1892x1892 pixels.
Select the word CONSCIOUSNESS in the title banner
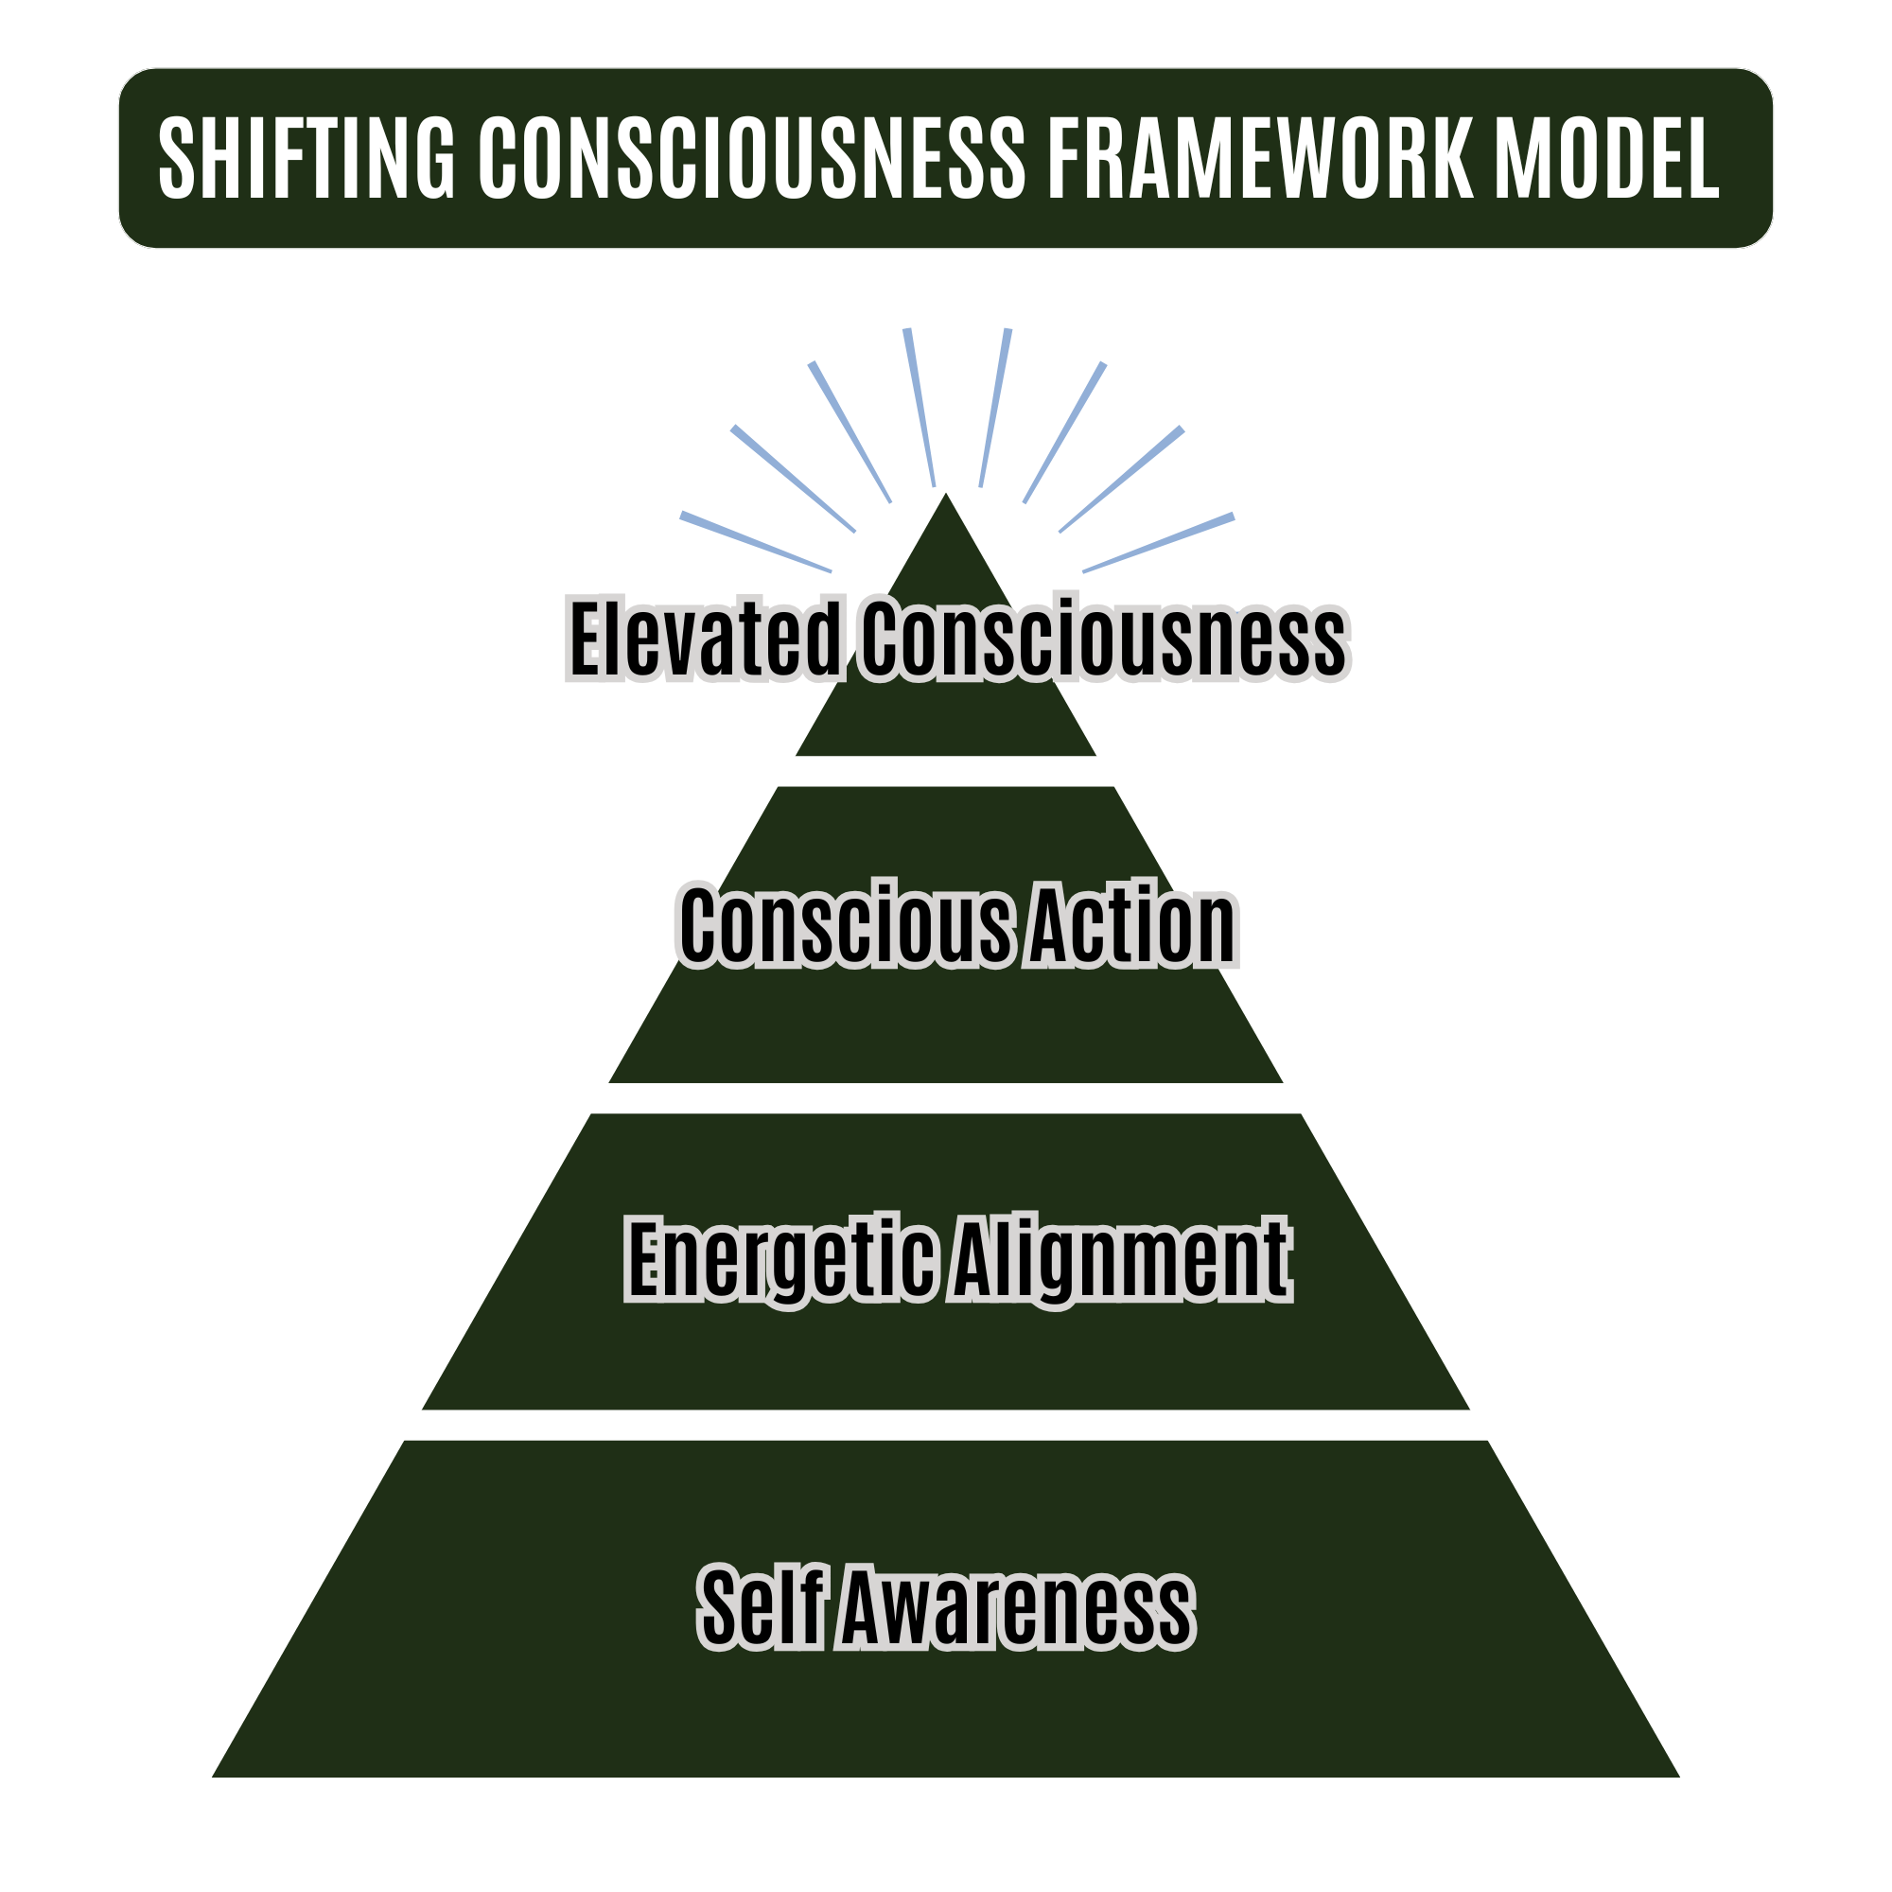[751, 158]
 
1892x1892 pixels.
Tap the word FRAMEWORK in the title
[1260, 158]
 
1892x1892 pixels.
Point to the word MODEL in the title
[1606, 158]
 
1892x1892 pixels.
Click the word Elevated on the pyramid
[704, 639]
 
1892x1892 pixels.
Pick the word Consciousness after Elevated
[1104, 639]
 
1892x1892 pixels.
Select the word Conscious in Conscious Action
[845, 925]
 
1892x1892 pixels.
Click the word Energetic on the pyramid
[780, 1260]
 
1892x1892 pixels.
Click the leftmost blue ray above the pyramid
[756, 542]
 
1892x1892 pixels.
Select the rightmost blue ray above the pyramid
[1159, 542]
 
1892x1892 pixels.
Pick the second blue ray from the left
[794, 479]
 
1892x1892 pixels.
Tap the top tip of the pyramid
[945, 497]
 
